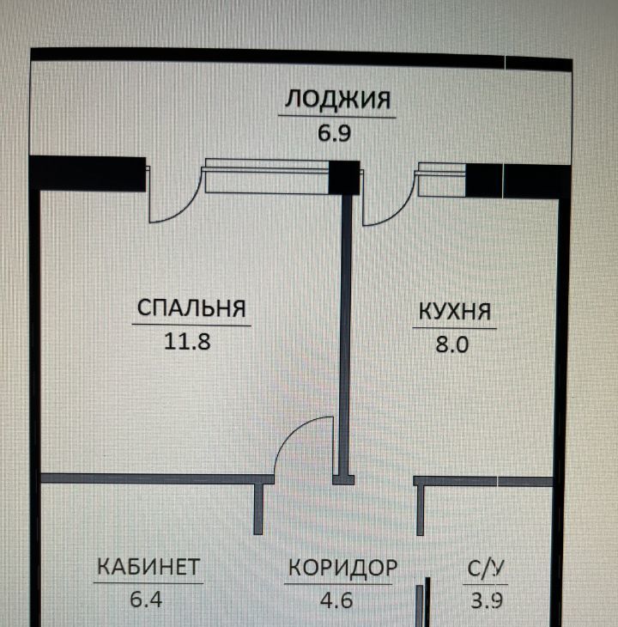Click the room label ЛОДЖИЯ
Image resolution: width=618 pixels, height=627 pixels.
337,100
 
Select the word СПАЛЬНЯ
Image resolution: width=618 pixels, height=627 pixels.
191,308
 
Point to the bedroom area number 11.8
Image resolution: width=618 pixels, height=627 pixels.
186,341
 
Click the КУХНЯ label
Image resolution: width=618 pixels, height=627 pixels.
454,311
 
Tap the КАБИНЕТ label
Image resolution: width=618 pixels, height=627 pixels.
148,567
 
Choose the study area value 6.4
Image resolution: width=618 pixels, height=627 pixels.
146,599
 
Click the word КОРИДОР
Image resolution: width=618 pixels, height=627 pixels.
342,568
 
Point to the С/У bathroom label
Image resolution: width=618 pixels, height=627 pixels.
486,568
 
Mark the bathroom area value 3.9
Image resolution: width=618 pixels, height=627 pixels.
487,600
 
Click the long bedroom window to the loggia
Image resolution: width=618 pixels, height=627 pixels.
267,177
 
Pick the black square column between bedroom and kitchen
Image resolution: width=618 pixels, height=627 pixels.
344,177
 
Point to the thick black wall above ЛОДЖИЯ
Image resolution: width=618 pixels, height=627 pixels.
300,54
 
